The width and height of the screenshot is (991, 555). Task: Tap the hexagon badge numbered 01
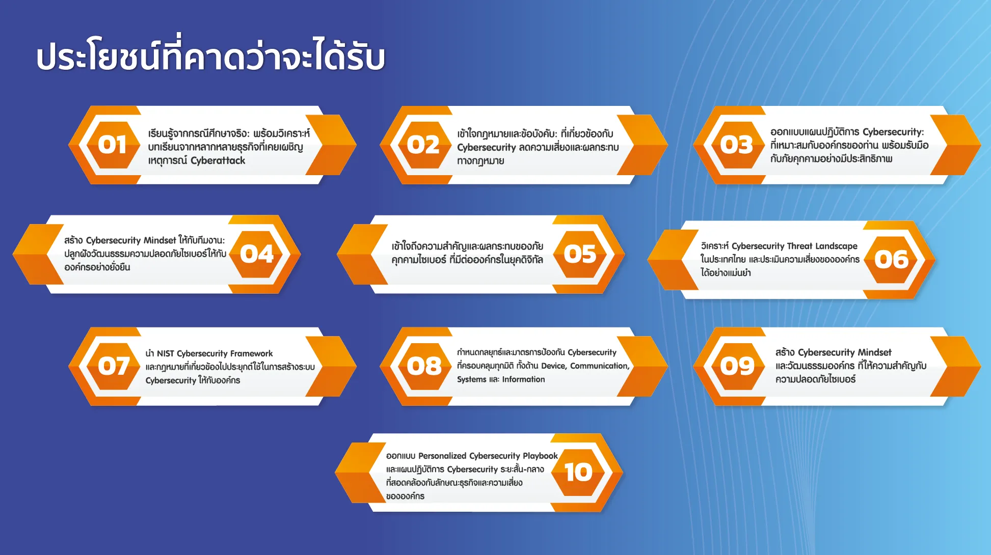(x=113, y=145)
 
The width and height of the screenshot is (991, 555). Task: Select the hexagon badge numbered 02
(x=423, y=145)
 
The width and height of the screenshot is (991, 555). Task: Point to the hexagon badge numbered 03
(x=737, y=145)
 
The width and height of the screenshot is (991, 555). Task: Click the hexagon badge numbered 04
(x=257, y=254)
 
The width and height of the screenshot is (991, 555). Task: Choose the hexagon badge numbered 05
(x=580, y=254)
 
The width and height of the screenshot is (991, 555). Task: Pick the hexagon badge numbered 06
(x=892, y=260)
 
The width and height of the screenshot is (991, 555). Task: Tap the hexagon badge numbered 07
(x=113, y=366)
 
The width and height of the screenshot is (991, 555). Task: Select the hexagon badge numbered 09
(x=737, y=366)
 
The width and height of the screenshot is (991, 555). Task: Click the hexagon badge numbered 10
(x=578, y=473)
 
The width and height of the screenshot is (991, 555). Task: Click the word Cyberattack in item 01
(x=218, y=160)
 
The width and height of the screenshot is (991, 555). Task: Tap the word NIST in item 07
(x=166, y=353)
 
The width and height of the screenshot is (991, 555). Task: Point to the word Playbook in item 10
(x=540, y=456)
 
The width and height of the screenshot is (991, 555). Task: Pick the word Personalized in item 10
(x=442, y=456)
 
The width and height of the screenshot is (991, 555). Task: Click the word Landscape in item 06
(x=836, y=246)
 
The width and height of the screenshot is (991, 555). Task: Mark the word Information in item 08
(x=523, y=379)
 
